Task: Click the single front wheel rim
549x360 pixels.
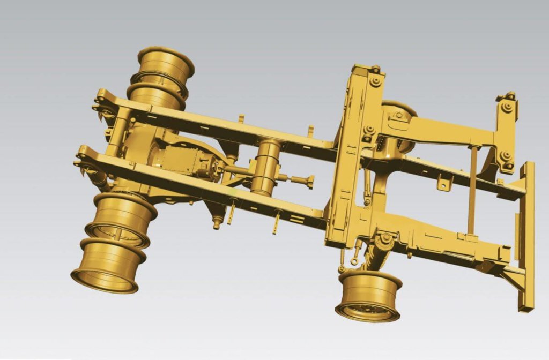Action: click(369, 296)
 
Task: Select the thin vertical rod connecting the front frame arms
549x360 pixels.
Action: click(472, 190)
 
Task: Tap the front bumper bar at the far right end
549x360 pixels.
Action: click(526, 236)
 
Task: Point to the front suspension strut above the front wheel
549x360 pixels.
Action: click(381, 250)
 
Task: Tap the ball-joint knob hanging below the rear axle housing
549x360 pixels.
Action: click(216, 224)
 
